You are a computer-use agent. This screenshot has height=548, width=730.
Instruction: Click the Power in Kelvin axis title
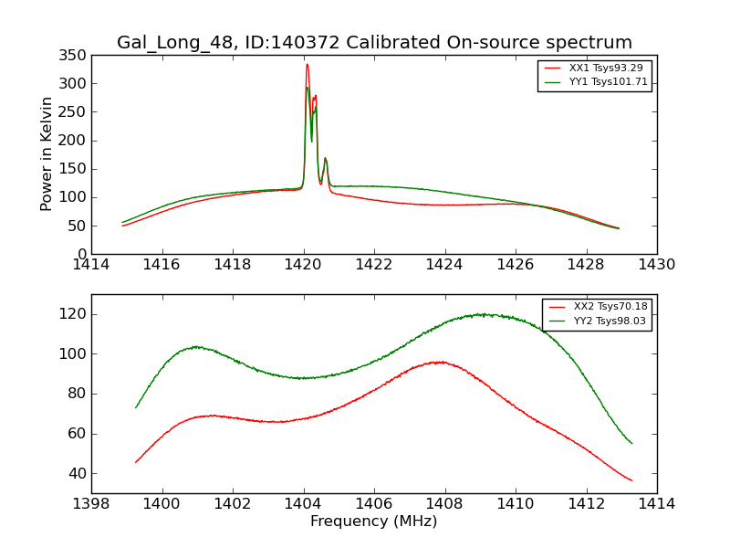[47, 154]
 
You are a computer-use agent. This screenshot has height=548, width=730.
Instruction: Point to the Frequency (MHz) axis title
[374, 522]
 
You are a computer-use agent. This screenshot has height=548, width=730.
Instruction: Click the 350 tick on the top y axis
[74, 55]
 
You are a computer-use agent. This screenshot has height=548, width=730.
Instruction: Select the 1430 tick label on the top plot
[656, 265]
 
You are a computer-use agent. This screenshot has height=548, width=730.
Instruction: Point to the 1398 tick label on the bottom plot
[91, 504]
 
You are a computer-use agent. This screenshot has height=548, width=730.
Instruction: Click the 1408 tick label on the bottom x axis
[444, 504]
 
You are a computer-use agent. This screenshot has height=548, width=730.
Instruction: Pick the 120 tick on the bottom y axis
[74, 314]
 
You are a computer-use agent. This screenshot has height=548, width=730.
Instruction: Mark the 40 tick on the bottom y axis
[78, 473]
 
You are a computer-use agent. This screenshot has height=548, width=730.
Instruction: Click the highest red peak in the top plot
[307, 64]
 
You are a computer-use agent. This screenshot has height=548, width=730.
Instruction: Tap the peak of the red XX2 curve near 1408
[440, 362]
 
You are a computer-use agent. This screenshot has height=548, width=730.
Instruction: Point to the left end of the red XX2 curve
[136, 462]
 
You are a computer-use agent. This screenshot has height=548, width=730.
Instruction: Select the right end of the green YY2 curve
[631, 443]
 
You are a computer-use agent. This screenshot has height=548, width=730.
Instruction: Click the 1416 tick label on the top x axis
[162, 265]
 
